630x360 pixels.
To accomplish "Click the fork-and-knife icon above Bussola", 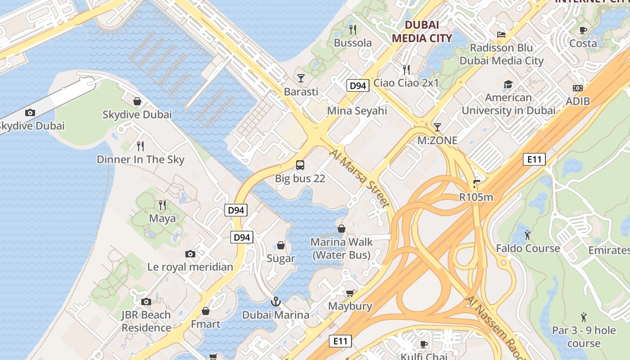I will pos(353,30).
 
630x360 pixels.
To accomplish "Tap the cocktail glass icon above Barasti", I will pos(301,78).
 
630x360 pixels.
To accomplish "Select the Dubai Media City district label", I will pos(422,31).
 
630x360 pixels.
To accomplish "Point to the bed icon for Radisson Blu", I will pos(501,34).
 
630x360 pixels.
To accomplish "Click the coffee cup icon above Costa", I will pos(583,30).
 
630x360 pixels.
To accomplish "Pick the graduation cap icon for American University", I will pos(508,84).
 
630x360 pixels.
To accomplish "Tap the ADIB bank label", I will pos(578,101).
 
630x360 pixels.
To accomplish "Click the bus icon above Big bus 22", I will pos(300,165).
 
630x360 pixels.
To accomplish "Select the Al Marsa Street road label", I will pos(360,178).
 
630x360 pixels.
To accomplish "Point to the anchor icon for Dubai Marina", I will pos(275,301).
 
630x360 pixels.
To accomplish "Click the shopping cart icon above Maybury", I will pos(350,293).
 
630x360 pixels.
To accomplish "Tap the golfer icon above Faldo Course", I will pos(527,235).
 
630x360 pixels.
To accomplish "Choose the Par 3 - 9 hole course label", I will pos(584,337).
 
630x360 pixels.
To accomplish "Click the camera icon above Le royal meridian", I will pos(190,254).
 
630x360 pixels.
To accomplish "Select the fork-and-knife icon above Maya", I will pos(162,205).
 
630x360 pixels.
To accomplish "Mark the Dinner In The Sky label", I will pos(140,159).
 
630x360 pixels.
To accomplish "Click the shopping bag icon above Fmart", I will pos(206,311).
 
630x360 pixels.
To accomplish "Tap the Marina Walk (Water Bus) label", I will pos(342,248).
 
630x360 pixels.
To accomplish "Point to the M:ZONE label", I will pos(437,140).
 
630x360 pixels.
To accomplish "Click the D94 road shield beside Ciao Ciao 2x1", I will pos(358,85).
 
